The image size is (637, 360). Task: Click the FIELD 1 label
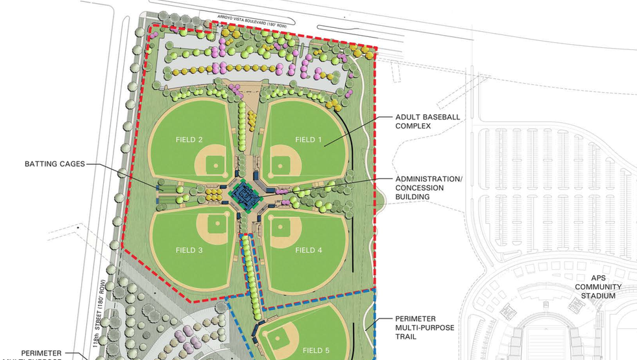tap(308, 139)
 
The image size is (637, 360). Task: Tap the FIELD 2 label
tap(189, 139)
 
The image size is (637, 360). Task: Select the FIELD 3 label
tap(189, 250)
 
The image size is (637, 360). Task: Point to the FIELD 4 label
tap(308, 250)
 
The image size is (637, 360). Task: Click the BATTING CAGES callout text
tap(55, 164)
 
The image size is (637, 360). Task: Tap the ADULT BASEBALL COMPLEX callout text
tap(427, 121)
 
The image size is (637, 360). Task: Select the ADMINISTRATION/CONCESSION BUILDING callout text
tap(429, 188)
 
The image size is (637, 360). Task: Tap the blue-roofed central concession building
tap(245, 194)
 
